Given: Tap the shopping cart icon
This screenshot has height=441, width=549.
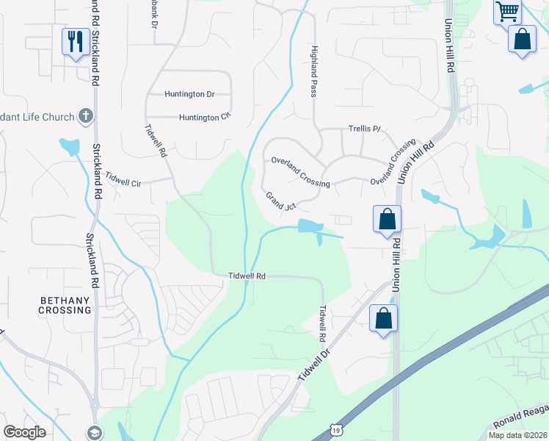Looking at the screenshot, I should [x=506, y=12].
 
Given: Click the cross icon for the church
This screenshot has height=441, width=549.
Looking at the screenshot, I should [x=86, y=116].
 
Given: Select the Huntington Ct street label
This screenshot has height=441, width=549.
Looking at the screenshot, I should [x=205, y=117].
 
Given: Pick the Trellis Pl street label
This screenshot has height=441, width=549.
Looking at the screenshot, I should [x=365, y=129].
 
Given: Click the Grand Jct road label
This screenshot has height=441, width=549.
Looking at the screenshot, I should [x=280, y=201].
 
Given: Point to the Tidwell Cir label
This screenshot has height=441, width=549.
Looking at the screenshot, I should [x=123, y=179].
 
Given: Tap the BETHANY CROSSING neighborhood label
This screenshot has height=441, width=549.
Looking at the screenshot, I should [x=65, y=305].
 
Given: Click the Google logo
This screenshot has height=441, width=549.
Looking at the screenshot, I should [x=24, y=432].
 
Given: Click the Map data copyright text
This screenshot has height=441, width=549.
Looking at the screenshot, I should [x=517, y=435].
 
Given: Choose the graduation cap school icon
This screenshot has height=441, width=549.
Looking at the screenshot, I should [x=94, y=433].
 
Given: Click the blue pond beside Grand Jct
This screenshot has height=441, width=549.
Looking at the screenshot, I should [x=311, y=226].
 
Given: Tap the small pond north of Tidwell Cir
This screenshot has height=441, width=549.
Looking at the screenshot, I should [x=70, y=146].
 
